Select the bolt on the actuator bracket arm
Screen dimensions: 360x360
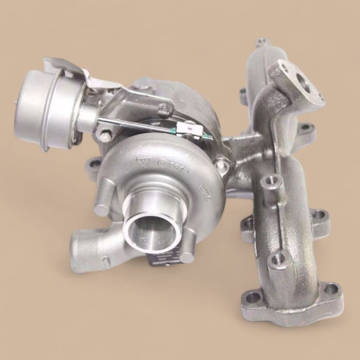(164, 109)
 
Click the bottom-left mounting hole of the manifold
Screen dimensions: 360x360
(252, 297)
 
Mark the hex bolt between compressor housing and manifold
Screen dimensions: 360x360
(222, 166)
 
